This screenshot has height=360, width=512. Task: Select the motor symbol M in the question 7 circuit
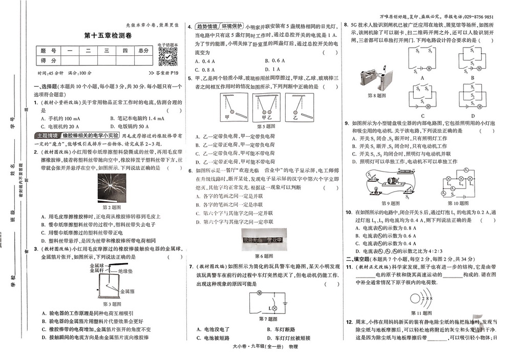259,293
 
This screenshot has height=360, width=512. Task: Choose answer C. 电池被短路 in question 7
213,338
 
